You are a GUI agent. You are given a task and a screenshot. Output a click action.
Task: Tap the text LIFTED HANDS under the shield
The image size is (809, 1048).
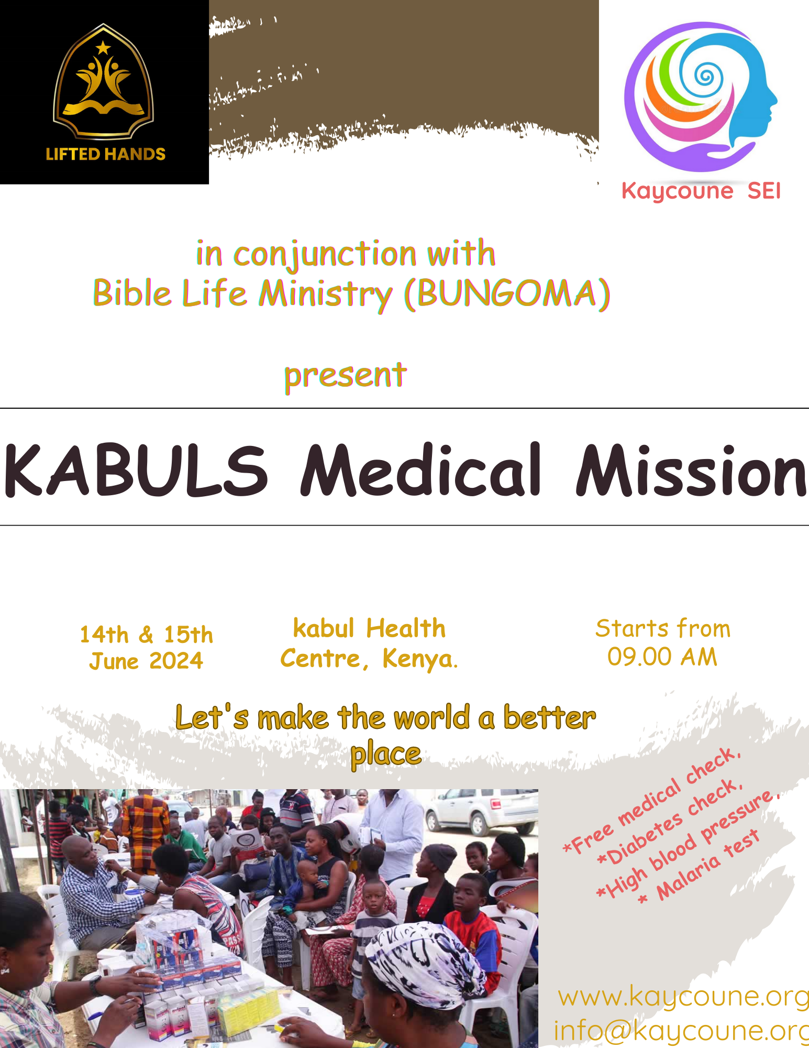pyautogui.click(x=106, y=154)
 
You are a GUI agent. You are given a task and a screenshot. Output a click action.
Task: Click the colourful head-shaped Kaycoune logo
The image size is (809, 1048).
pyautogui.click(x=701, y=97)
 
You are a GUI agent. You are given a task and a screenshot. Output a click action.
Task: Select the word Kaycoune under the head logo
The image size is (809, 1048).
pyautogui.click(x=677, y=191)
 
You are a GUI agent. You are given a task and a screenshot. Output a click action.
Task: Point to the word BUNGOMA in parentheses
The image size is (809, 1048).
pyautogui.click(x=507, y=293)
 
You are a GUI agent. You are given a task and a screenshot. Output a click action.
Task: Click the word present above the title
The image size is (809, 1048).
pyautogui.click(x=346, y=376)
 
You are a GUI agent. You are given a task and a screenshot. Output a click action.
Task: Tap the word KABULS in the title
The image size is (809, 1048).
pyautogui.click(x=136, y=470)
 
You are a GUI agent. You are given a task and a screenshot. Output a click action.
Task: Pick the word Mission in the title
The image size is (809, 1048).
pyautogui.click(x=691, y=470)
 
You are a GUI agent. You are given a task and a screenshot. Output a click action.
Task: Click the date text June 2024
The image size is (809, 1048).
pyautogui.click(x=146, y=661)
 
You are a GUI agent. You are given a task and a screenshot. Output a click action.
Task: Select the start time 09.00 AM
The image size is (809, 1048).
pyautogui.click(x=662, y=657)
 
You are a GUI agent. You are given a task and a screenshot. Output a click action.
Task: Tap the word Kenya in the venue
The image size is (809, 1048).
pyautogui.click(x=420, y=659)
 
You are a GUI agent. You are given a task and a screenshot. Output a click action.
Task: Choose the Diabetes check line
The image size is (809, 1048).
pyautogui.click(x=670, y=823)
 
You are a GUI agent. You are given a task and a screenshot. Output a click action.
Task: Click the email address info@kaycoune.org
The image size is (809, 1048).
pyautogui.click(x=681, y=1031)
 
